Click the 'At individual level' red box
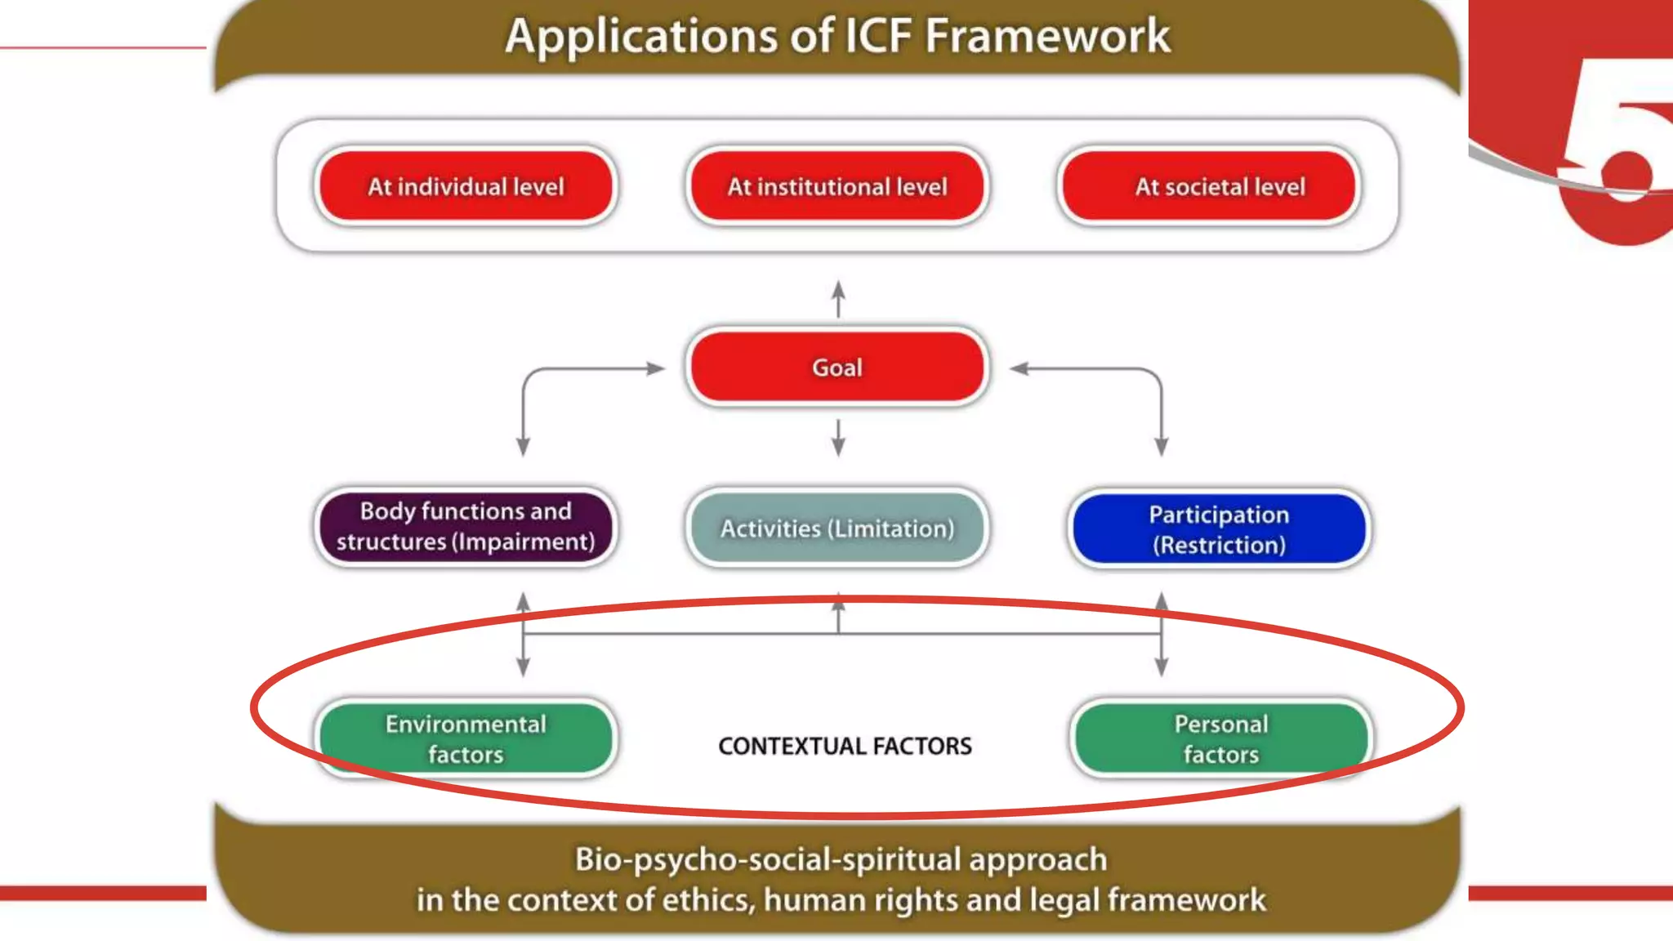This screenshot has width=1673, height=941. [x=466, y=186]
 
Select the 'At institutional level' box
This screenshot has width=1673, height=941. [x=837, y=186]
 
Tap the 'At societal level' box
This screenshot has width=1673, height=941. [x=1209, y=186]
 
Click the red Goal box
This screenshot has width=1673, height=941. [x=837, y=367]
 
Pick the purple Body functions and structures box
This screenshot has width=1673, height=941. [x=466, y=527]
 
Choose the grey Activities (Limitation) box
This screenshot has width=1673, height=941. [x=837, y=528]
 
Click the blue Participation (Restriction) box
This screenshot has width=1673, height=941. [x=1219, y=529]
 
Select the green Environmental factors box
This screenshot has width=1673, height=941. [x=466, y=738]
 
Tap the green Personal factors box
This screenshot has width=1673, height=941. [x=1220, y=738]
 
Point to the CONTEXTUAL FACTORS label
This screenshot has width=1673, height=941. [x=845, y=746]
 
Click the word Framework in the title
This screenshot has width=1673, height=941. [x=1047, y=36]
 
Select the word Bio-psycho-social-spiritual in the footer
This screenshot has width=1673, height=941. [x=768, y=859]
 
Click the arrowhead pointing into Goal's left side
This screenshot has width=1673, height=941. [x=655, y=368]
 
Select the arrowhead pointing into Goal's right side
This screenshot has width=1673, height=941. [x=1019, y=368]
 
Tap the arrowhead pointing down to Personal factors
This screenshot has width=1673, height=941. [x=1162, y=666]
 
